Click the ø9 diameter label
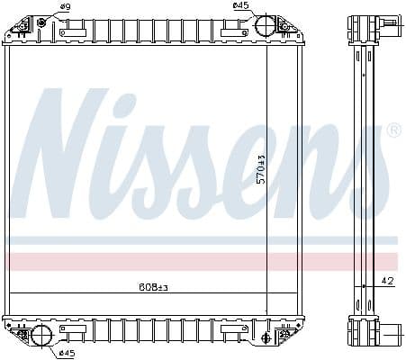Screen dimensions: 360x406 [x=65, y=8]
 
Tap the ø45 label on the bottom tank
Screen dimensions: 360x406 [x=66, y=352]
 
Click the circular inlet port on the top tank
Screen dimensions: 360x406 [x=265, y=25]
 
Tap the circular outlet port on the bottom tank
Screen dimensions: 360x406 [x=41, y=337]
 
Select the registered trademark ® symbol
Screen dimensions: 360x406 [x=392, y=131]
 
